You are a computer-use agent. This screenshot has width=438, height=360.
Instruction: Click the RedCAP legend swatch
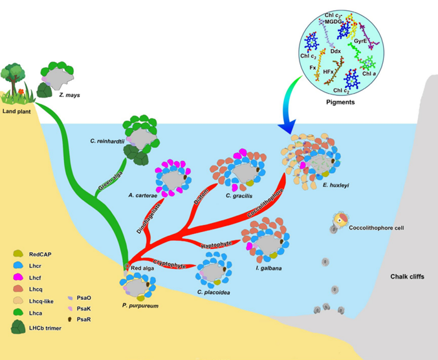pyautogui.click(x=18, y=253)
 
